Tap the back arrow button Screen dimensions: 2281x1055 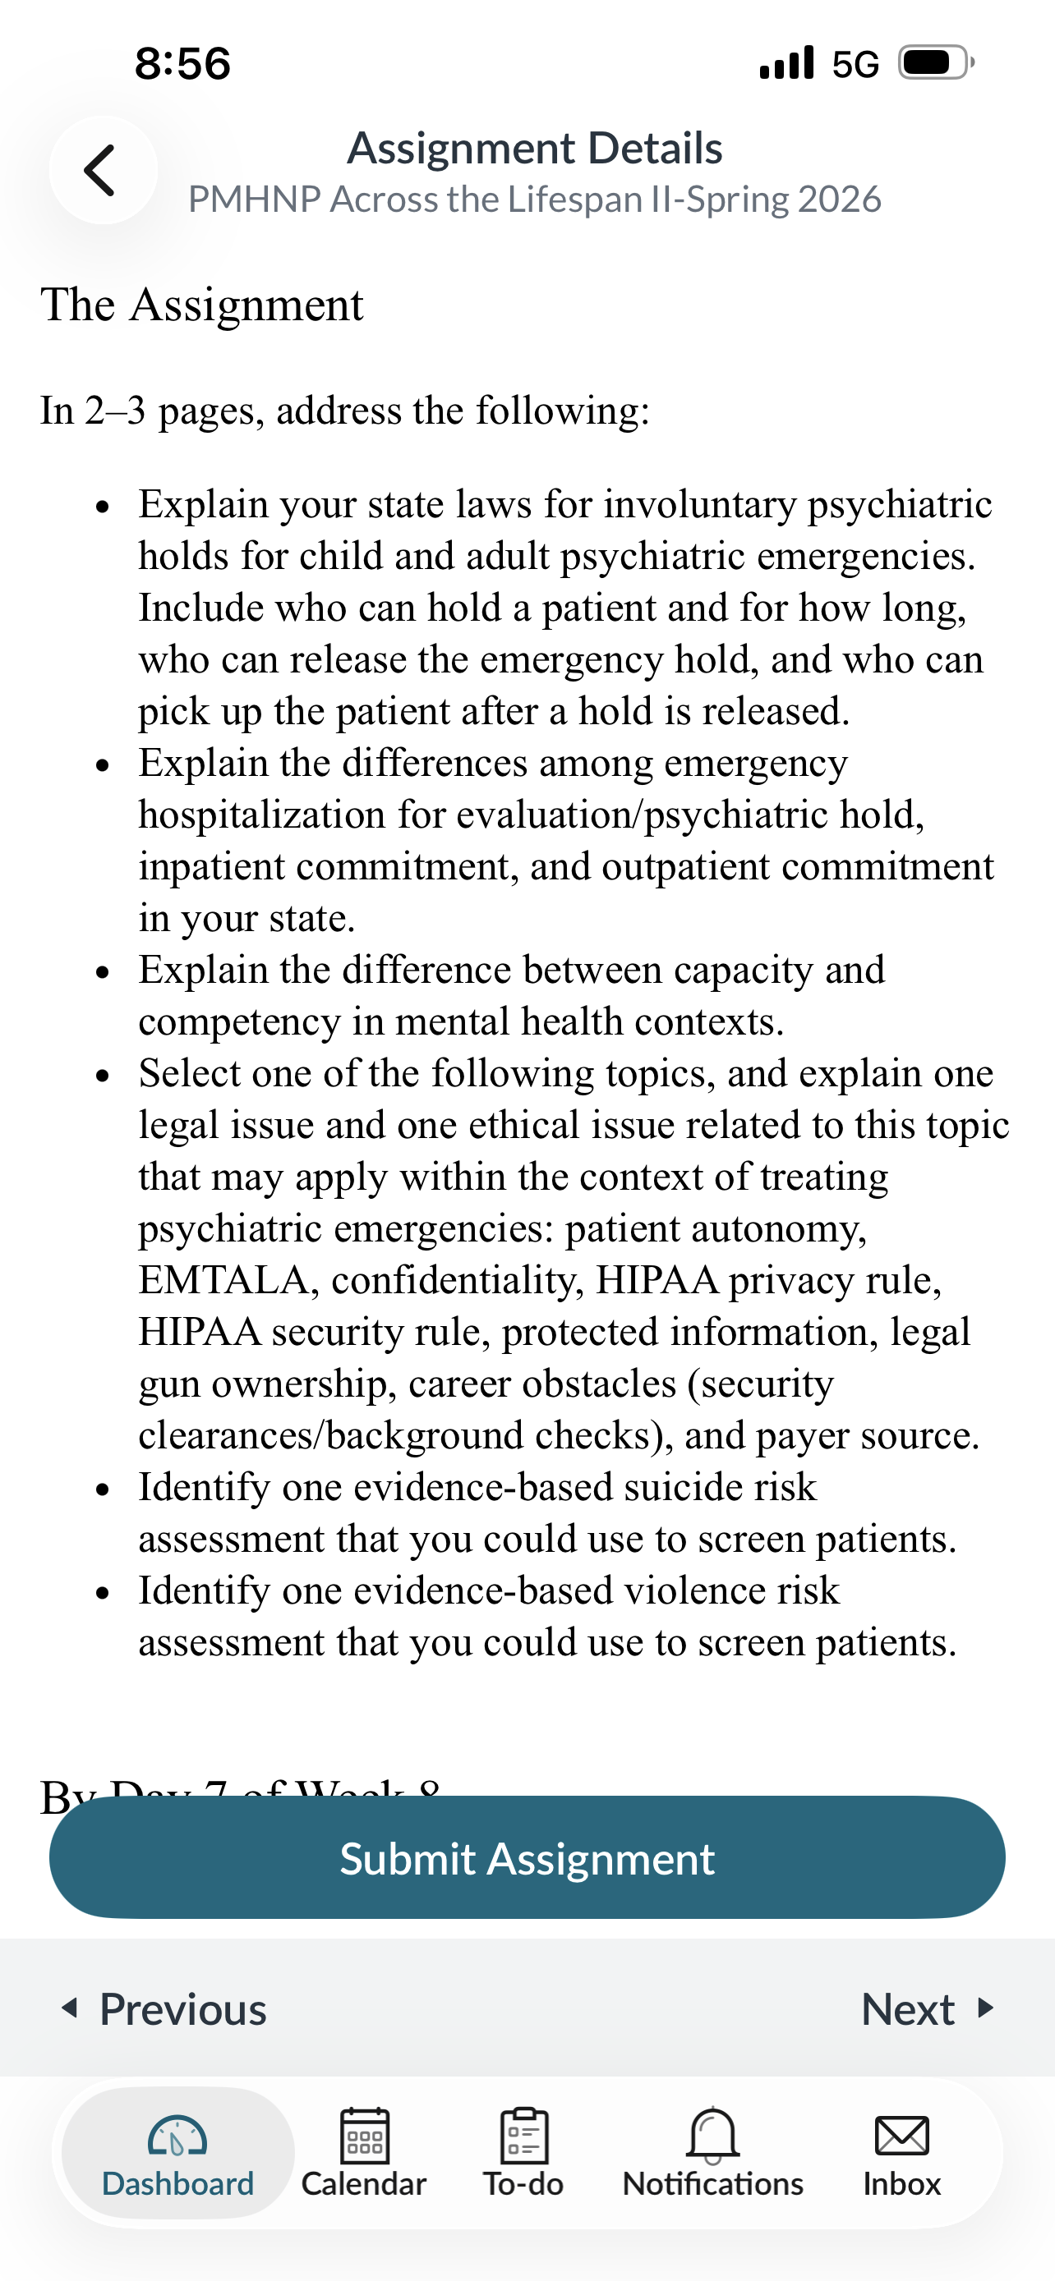pyautogui.click(x=102, y=170)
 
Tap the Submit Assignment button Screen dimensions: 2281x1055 pyautogui.click(x=527, y=1858)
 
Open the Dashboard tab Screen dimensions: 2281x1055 pyautogui.click(x=177, y=2153)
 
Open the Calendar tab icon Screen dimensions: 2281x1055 pyautogui.click(x=364, y=2136)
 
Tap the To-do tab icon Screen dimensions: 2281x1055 pyautogui.click(x=523, y=2136)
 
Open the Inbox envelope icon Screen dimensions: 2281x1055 pyautogui.click(x=901, y=2136)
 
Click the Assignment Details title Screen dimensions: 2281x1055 pyautogui.click(x=534, y=148)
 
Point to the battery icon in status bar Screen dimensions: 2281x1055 pyautogui.click(x=935, y=63)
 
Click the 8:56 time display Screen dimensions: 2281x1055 pyautogui.click(x=182, y=64)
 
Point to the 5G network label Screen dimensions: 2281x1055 pyautogui.click(x=855, y=64)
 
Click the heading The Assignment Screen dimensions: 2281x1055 pyautogui.click(x=202, y=305)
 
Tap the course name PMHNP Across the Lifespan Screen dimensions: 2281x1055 pyautogui.click(x=534, y=200)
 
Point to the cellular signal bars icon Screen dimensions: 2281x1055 pyautogui.click(x=786, y=64)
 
